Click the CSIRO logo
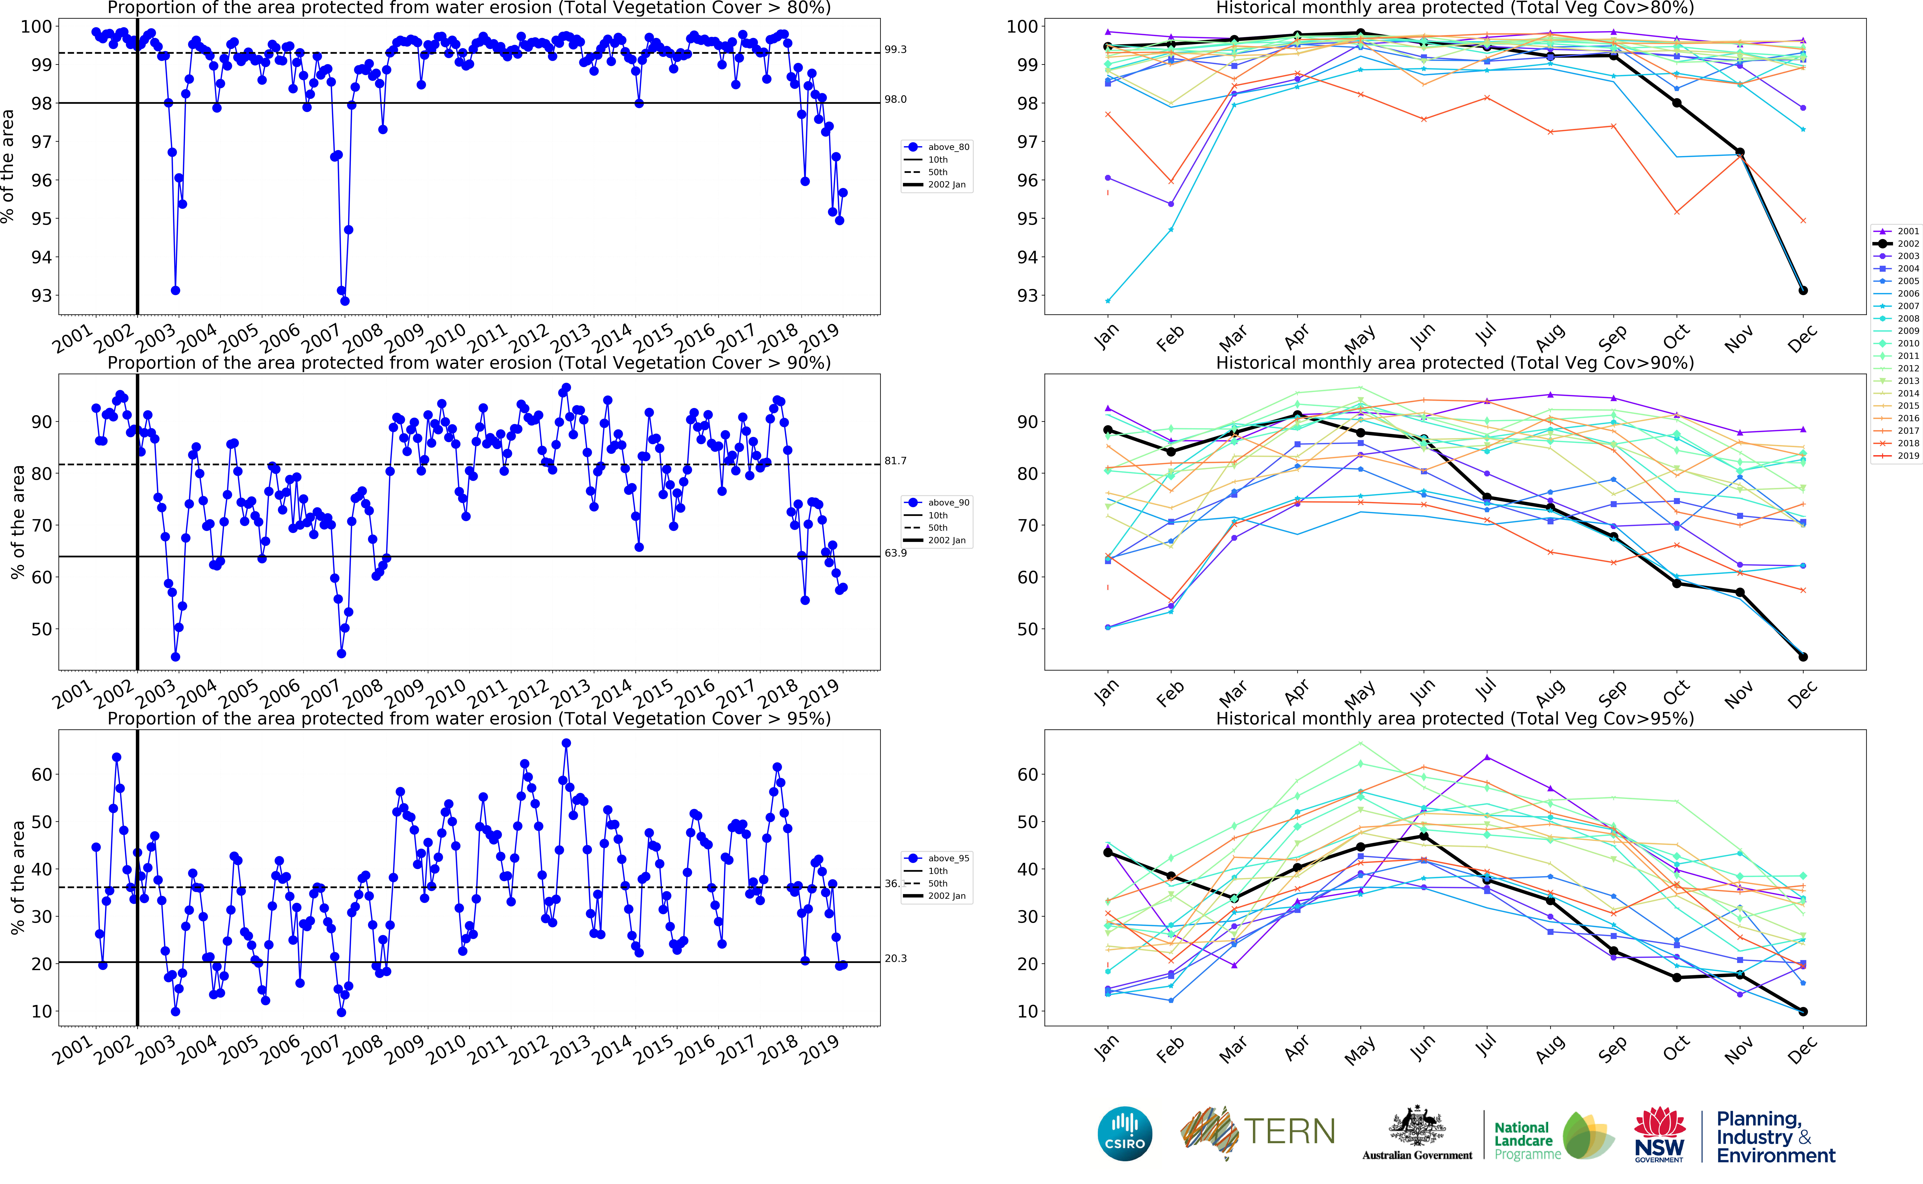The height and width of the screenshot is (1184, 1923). point(1125,1133)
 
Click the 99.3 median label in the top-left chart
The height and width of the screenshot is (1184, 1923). point(895,49)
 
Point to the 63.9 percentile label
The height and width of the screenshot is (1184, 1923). point(895,553)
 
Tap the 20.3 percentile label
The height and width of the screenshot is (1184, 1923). point(895,958)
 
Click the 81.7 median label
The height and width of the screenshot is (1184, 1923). point(895,460)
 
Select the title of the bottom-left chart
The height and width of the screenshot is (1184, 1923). point(468,719)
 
